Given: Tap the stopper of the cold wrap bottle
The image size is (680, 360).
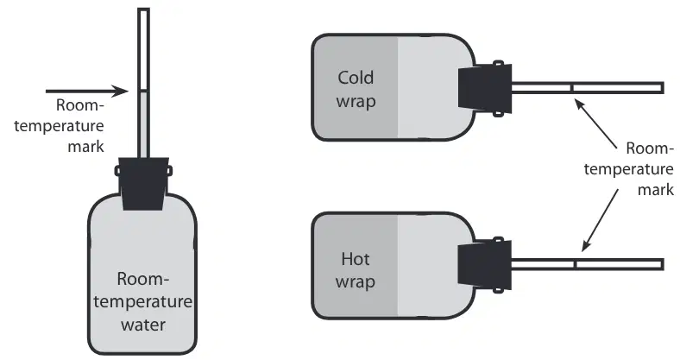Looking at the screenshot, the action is pos(485,88).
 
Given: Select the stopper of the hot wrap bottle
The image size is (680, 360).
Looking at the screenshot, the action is pos(485,264).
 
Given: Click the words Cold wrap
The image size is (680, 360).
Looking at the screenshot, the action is pos(356,89).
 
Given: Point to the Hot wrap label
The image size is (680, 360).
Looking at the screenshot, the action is pos(356,269).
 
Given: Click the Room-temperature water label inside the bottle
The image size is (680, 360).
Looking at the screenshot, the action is pos(142,301).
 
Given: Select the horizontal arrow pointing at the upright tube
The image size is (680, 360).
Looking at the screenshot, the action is pos(87,92).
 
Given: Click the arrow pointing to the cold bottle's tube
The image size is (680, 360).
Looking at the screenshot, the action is pos(596,123).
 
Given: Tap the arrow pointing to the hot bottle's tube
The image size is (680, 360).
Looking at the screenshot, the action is pos(600,220).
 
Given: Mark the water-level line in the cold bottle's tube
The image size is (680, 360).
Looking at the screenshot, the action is pos(571,88).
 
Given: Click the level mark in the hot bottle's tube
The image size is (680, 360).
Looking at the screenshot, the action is pos(575,264).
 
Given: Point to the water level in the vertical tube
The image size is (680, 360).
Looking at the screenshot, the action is pos(143,91).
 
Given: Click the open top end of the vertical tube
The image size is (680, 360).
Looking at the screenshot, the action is pos(143,9).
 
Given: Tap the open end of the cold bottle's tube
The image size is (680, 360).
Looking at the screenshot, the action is pos(662,88).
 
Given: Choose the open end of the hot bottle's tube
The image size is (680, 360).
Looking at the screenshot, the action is pos(662,264).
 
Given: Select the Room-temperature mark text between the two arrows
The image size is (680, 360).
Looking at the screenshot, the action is pos(629,168).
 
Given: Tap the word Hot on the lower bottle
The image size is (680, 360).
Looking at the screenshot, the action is pos(356,259).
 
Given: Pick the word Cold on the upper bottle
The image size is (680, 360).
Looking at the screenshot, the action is pos(356,78).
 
